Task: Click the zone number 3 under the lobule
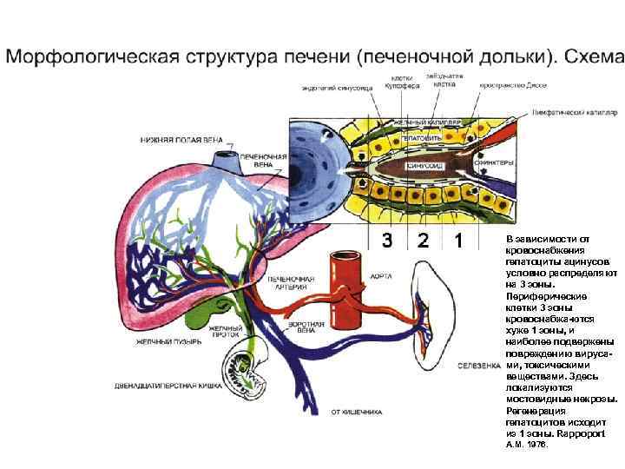tap(387, 241)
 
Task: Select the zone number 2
tap(422, 241)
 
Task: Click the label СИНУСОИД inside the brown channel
tap(425, 164)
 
